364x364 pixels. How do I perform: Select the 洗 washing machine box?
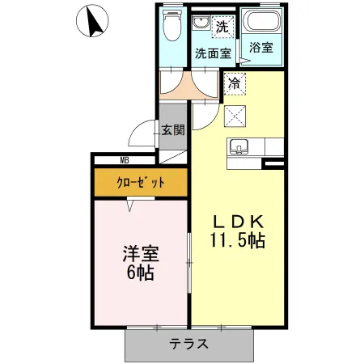[222, 25]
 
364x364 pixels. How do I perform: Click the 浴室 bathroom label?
[260, 48]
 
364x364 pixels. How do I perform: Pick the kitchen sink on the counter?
[238, 147]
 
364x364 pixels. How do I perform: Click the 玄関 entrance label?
[172, 129]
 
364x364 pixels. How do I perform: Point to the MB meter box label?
[125, 160]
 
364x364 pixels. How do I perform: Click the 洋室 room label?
[141, 252]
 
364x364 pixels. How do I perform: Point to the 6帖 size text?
[141, 271]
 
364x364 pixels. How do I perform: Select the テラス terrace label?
[189, 343]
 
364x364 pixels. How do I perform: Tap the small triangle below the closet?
[129, 205]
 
